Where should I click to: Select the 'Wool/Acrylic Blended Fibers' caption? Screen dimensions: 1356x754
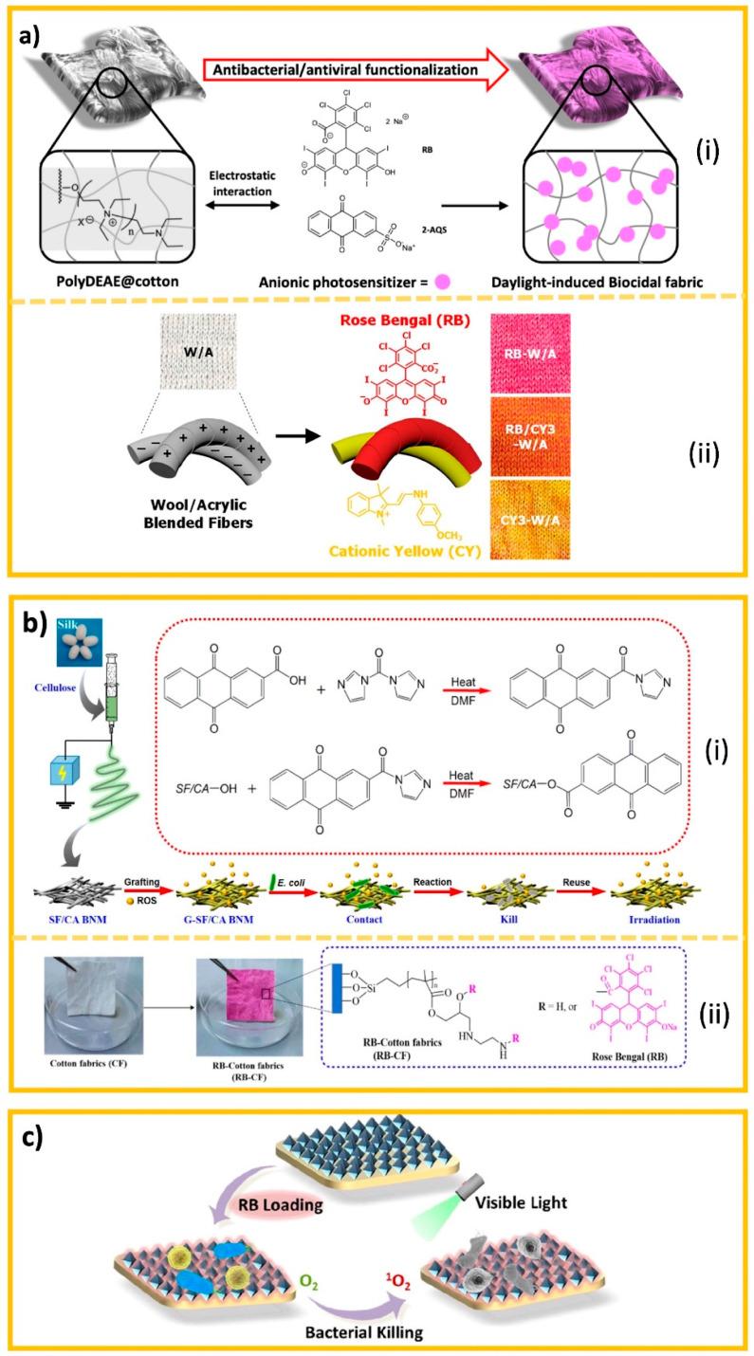click(139, 532)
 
